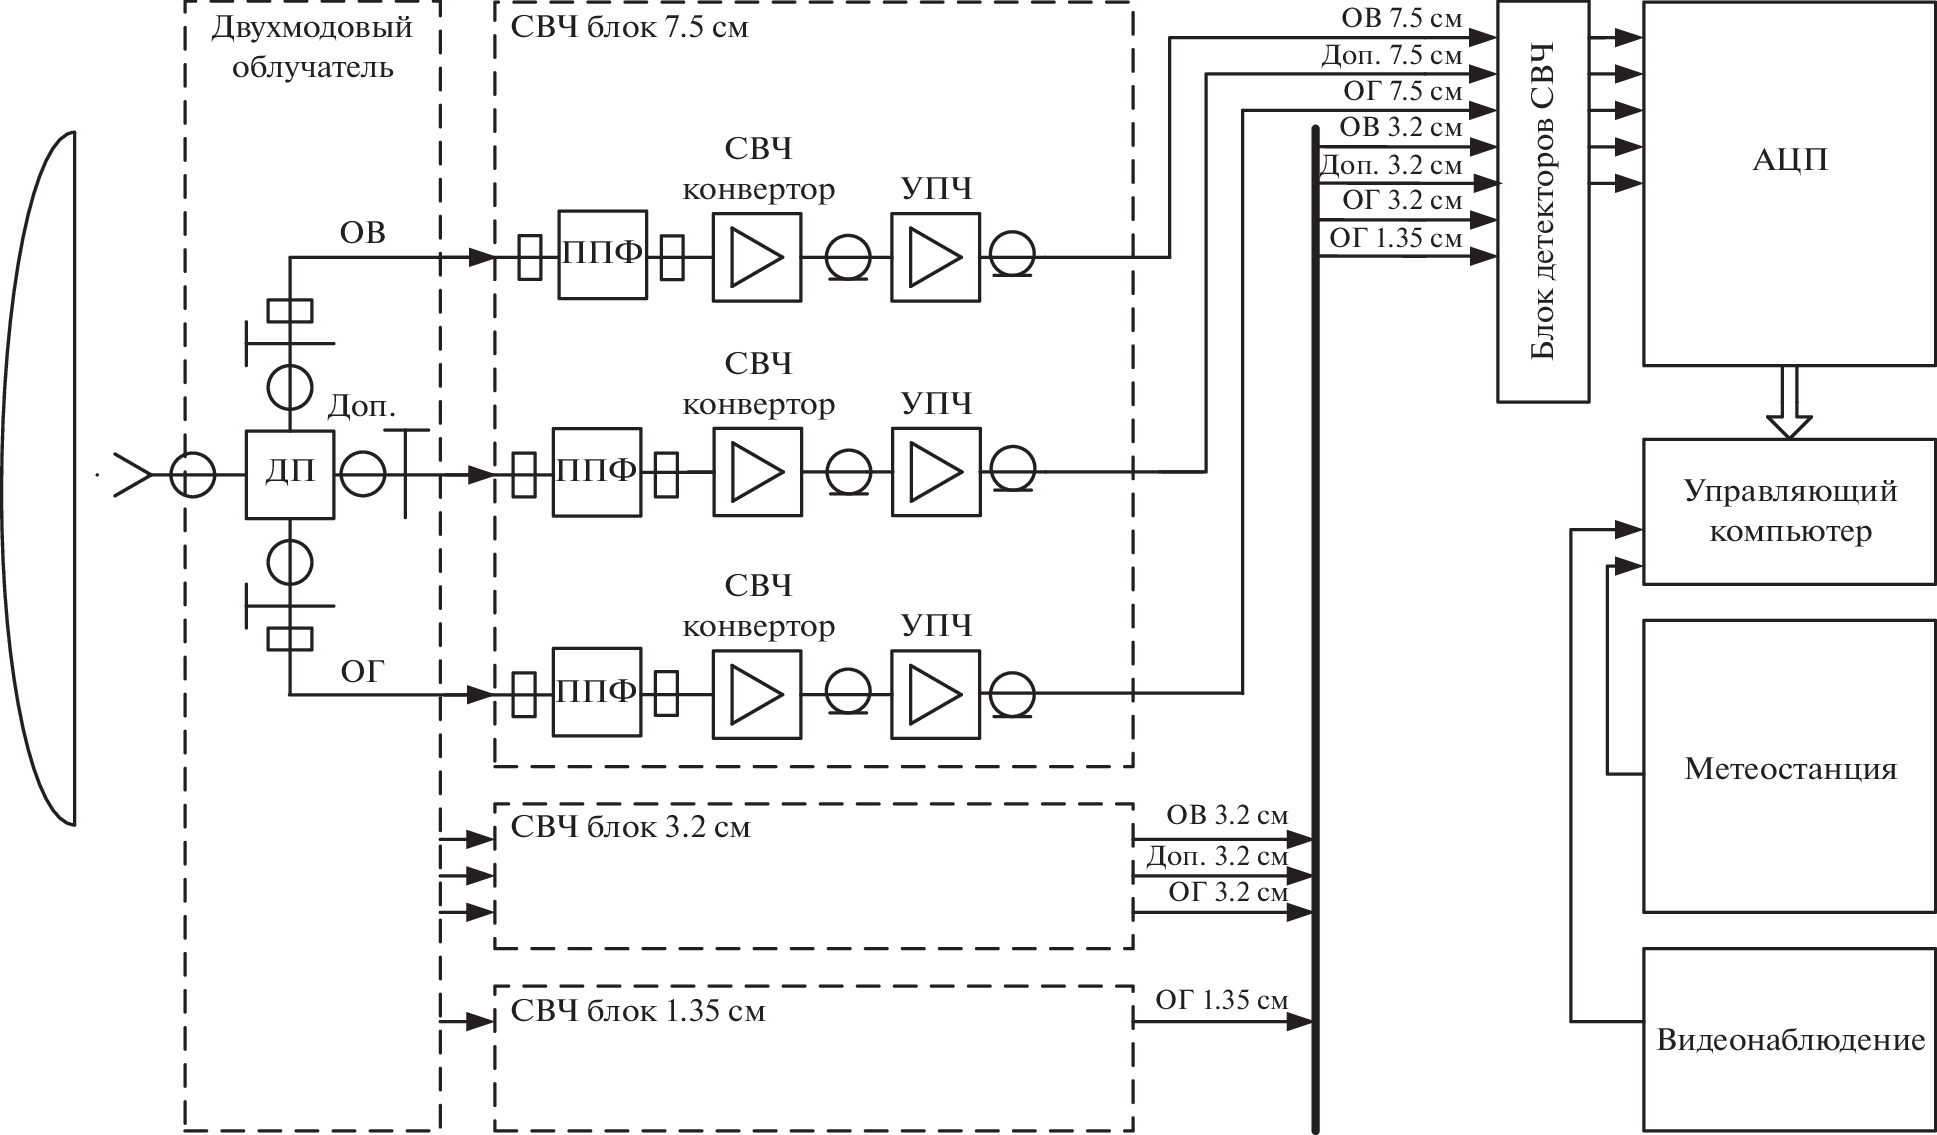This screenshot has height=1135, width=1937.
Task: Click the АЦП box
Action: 1788,182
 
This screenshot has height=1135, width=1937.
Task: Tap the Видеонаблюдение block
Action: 1788,1039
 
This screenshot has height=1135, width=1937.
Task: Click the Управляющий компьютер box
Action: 1788,511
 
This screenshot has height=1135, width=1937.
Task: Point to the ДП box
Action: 289,474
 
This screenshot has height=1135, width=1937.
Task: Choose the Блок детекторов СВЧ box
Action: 1542,201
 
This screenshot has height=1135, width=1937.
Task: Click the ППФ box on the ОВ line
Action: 602,254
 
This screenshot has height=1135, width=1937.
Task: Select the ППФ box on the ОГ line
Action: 596,691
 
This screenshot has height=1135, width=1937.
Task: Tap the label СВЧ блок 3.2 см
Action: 630,828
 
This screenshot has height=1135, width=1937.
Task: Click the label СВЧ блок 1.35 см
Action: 637,1011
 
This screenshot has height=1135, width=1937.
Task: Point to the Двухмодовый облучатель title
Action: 312,47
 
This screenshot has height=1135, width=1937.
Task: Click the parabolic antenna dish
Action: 40,478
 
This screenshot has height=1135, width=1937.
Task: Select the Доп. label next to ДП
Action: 361,407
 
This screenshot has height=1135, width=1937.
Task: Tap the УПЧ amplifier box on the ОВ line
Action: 935,256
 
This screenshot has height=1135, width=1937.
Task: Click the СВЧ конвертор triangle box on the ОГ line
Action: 756,694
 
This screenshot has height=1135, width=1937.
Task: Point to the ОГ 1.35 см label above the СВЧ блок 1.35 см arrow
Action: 1221,1000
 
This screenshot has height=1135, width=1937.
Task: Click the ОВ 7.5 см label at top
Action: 1401,18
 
